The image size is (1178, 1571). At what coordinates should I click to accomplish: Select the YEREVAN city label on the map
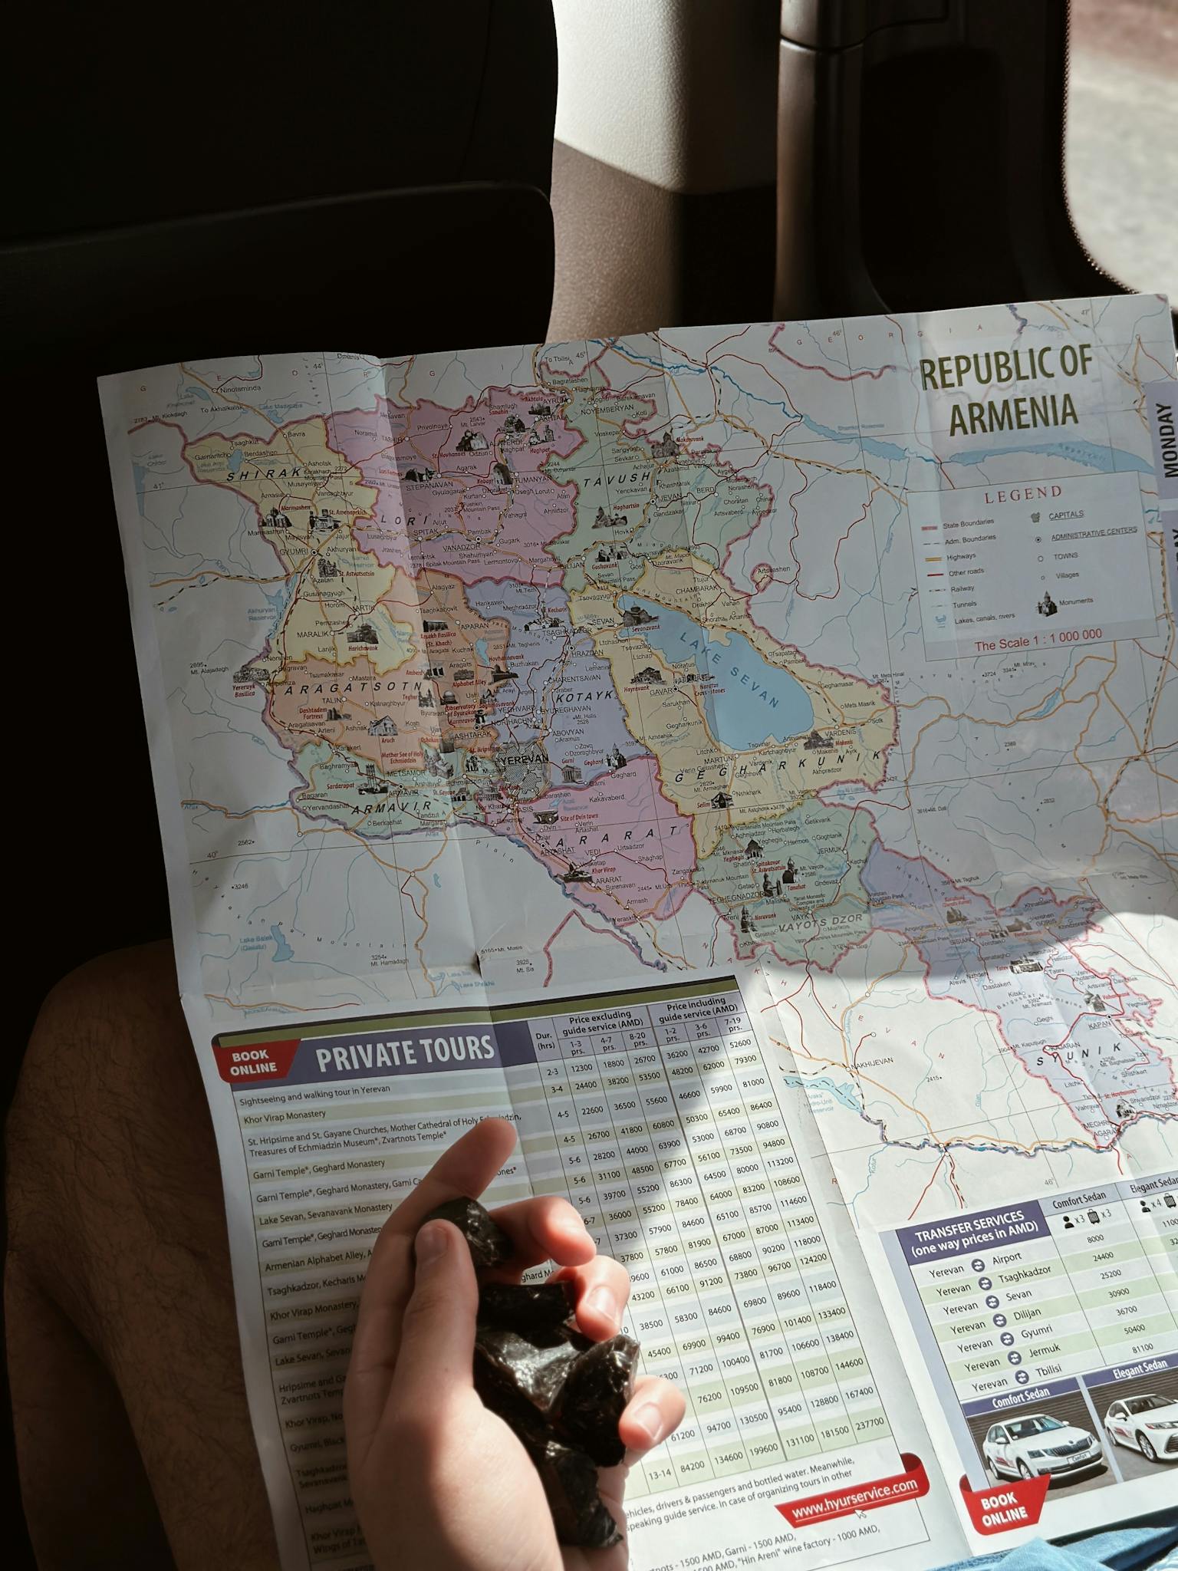pos(523,758)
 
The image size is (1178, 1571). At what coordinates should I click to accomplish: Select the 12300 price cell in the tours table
pos(581,1067)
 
